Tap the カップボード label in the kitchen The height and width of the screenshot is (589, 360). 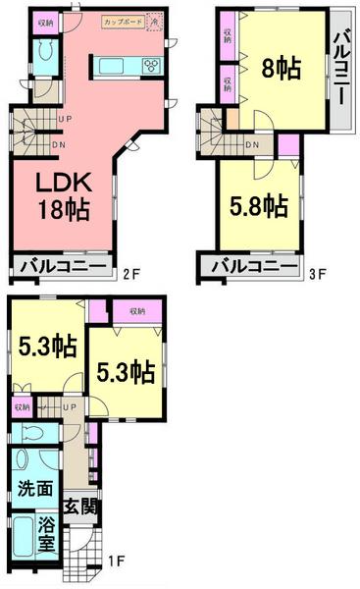122,21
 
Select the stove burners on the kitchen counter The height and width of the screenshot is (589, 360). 152,66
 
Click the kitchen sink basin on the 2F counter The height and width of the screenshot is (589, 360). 111,66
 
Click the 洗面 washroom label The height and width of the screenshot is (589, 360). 35,488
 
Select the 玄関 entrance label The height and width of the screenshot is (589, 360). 78,508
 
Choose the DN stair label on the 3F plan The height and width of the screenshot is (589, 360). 252,147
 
